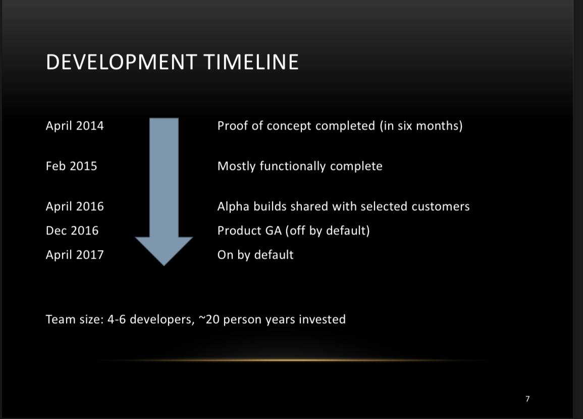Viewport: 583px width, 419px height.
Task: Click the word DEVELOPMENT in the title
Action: pos(121,62)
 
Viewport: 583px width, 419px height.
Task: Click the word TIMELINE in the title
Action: pos(251,62)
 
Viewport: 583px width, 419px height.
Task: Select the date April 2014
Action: pos(75,126)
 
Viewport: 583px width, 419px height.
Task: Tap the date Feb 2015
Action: pos(71,166)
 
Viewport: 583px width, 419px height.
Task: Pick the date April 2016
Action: pos(75,207)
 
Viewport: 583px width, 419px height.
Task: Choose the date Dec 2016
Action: pos(72,230)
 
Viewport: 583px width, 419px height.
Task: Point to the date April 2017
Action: pos(75,255)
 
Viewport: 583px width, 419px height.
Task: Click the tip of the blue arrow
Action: pos(164,266)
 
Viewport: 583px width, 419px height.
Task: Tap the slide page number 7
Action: pos(527,399)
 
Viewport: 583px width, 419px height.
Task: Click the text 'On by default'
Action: pos(255,255)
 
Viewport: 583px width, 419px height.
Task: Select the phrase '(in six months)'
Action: pos(421,126)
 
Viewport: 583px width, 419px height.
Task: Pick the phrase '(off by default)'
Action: pos(328,231)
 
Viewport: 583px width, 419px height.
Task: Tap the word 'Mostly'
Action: pos(236,166)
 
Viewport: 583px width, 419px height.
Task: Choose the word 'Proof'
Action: pos(233,126)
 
